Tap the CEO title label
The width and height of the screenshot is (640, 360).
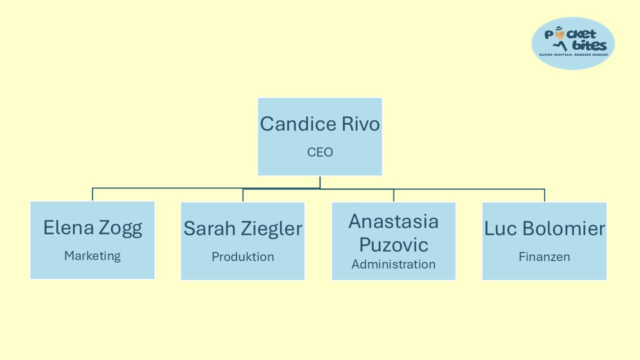tap(320, 152)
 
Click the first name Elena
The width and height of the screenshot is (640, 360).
tap(68, 227)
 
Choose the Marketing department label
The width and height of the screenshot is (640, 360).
tap(92, 255)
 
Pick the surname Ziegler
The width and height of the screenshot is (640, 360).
tap(272, 229)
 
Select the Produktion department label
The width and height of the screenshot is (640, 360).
tap(243, 256)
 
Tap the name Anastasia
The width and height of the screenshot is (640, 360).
tap(393, 221)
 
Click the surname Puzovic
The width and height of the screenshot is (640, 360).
tap(393, 245)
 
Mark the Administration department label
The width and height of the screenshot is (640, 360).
tap(393, 264)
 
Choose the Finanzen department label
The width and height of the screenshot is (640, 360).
tap(544, 256)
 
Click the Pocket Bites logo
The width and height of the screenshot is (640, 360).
tap(573, 43)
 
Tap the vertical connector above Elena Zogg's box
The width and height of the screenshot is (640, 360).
tap(92, 194)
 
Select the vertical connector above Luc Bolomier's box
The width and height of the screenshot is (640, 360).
tap(544, 195)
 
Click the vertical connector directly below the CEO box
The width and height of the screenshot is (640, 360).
tap(320, 182)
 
